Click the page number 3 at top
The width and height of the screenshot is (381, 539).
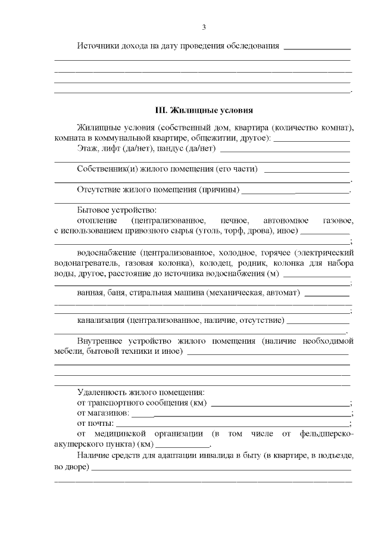coord(204,27)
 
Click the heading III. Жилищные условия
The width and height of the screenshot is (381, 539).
coord(204,110)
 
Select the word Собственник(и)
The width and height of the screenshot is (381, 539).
coord(108,169)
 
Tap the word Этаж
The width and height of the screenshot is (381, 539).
coord(88,149)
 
